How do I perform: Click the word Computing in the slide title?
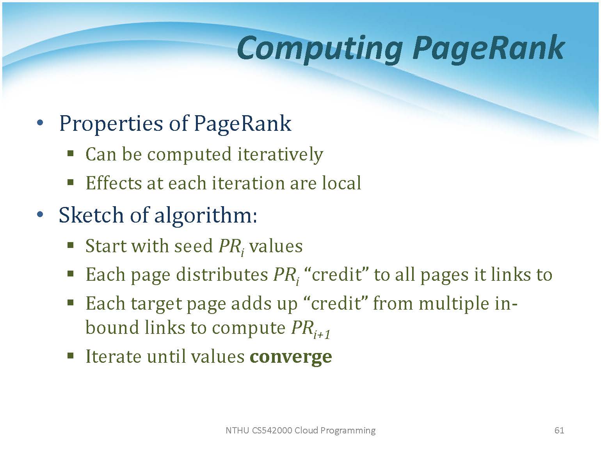point(319,50)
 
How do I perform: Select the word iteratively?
point(280,155)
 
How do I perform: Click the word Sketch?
point(91,215)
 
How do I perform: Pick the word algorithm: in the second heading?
point(206,216)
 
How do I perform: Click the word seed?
point(193,246)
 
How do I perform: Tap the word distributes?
point(222,275)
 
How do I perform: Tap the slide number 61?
point(559,430)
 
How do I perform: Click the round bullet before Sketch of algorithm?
point(40,214)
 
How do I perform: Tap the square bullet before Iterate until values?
point(71,356)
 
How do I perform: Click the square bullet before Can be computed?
point(71,153)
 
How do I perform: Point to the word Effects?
point(114,183)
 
